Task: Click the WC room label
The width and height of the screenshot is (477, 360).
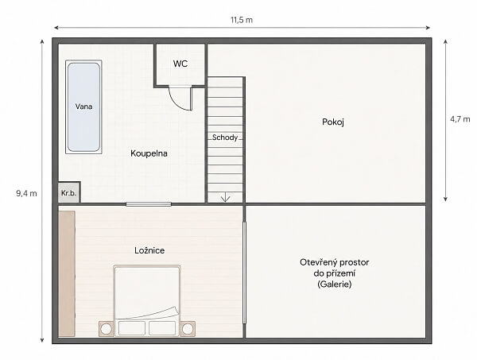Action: coord(180,64)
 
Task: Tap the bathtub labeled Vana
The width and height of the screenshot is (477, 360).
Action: coord(83,106)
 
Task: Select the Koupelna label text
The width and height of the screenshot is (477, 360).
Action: coord(149,153)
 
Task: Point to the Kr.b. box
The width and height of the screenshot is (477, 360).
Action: coord(69,192)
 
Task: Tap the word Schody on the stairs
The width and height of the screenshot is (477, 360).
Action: coord(225,137)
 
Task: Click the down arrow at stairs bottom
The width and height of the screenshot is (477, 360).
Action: coord(225,197)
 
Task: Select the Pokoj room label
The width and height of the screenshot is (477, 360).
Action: coord(333,122)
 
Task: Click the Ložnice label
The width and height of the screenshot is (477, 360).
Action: coord(149,250)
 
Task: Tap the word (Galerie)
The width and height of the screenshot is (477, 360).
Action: coord(335,285)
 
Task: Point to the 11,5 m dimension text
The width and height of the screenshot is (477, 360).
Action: coord(242,20)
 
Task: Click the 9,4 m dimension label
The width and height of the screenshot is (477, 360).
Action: coord(26,193)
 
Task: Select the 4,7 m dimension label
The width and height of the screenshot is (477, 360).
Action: coord(460,119)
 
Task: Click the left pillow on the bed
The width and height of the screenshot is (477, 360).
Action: coord(132,328)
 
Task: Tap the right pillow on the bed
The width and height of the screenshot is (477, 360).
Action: coord(162,328)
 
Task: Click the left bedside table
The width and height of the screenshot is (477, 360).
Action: coord(107,329)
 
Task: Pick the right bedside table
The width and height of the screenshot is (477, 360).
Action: coord(188,329)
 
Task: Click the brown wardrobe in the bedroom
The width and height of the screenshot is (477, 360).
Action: coord(67,273)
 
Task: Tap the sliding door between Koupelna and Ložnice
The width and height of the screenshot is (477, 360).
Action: coord(149,204)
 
